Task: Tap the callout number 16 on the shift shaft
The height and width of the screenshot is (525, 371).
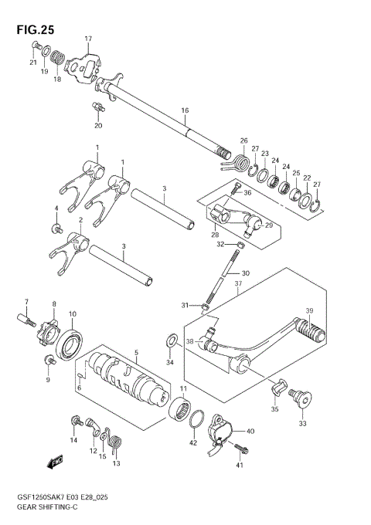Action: tap(185, 111)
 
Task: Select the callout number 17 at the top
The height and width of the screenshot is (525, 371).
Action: tap(88, 39)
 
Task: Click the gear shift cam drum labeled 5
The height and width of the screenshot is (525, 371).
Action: tap(124, 376)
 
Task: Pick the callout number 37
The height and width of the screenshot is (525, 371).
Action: tap(237, 283)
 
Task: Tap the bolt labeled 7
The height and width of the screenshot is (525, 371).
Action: tap(24, 317)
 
